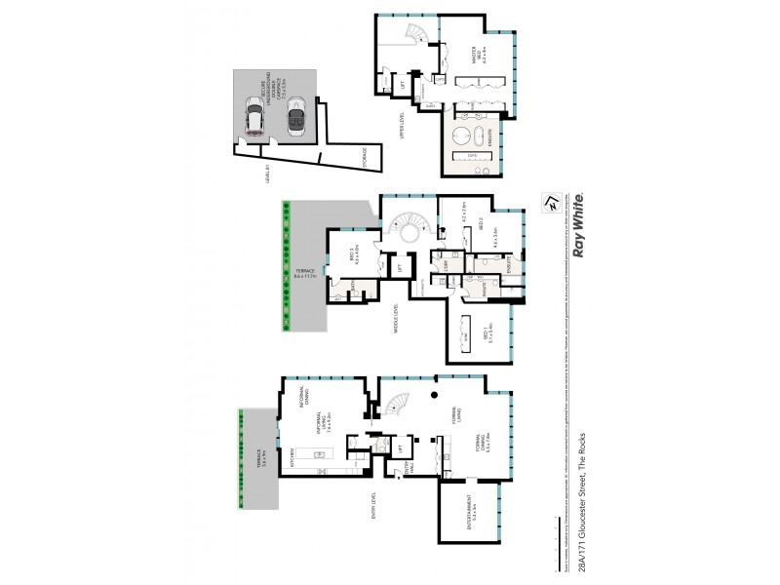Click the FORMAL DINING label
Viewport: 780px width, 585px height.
(477, 448)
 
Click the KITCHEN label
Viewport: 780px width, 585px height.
(293, 456)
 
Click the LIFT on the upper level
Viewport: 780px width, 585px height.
(404, 89)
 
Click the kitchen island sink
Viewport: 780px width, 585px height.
(319, 455)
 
